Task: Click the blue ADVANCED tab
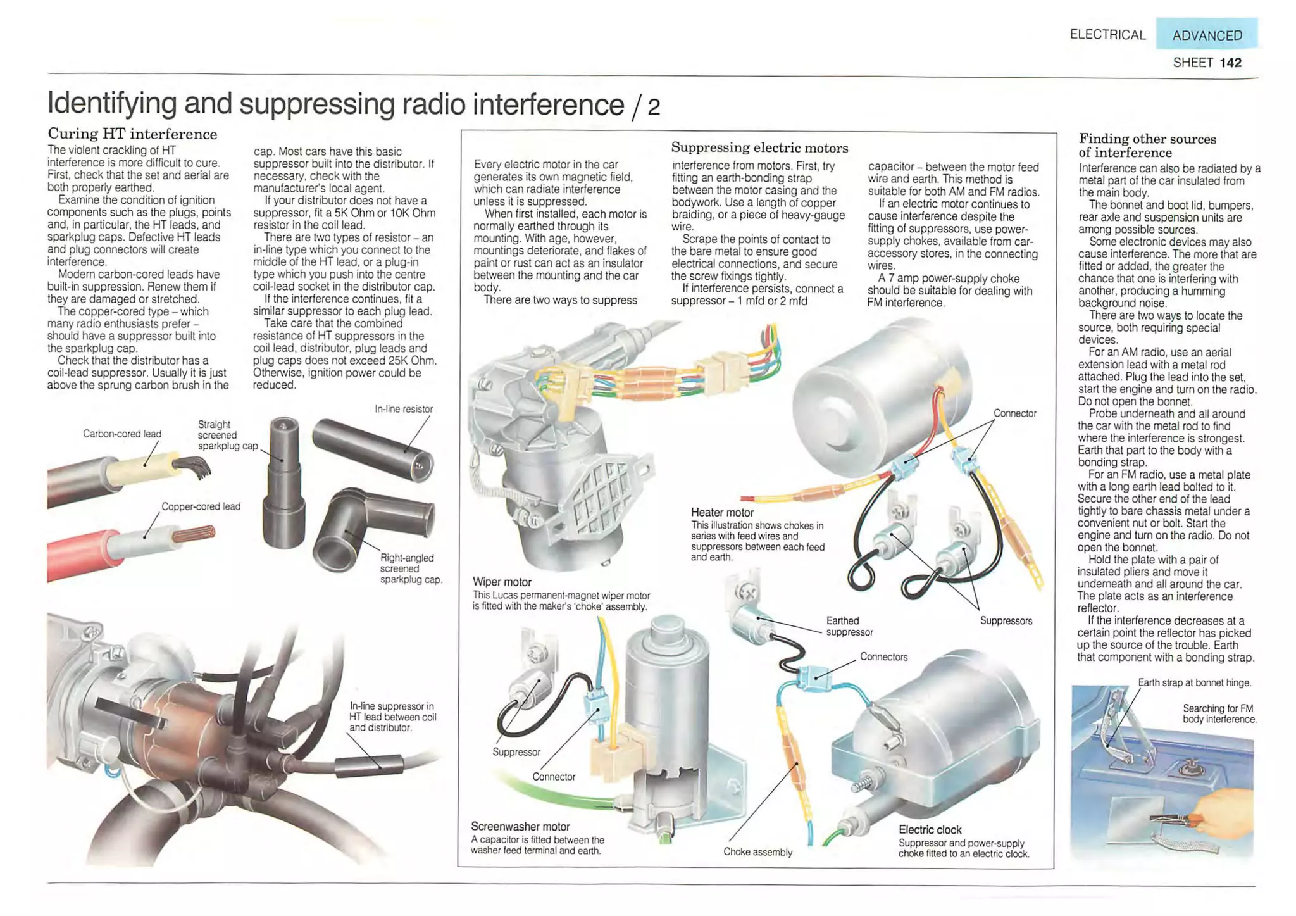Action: pos(1206,35)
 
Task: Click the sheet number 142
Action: pos(1230,63)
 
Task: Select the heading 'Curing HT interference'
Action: pos(132,134)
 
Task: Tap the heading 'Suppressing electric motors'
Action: pos(759,147)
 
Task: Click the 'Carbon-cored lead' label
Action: pos(121,434)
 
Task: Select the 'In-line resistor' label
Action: pos(403,409)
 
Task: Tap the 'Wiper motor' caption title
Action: pos(502,582)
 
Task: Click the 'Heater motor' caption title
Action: pos(722,512)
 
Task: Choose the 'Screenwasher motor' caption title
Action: pos(520,826)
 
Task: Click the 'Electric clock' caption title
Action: pos(930,829)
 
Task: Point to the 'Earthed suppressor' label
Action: pos(849,626)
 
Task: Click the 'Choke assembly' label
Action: pos(757,851)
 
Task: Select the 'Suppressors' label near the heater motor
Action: pos(1006,620)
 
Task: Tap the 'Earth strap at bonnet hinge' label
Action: pos(1194,682)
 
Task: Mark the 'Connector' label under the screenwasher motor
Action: pos(553,777)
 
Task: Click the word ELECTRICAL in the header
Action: pos(1107,35)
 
